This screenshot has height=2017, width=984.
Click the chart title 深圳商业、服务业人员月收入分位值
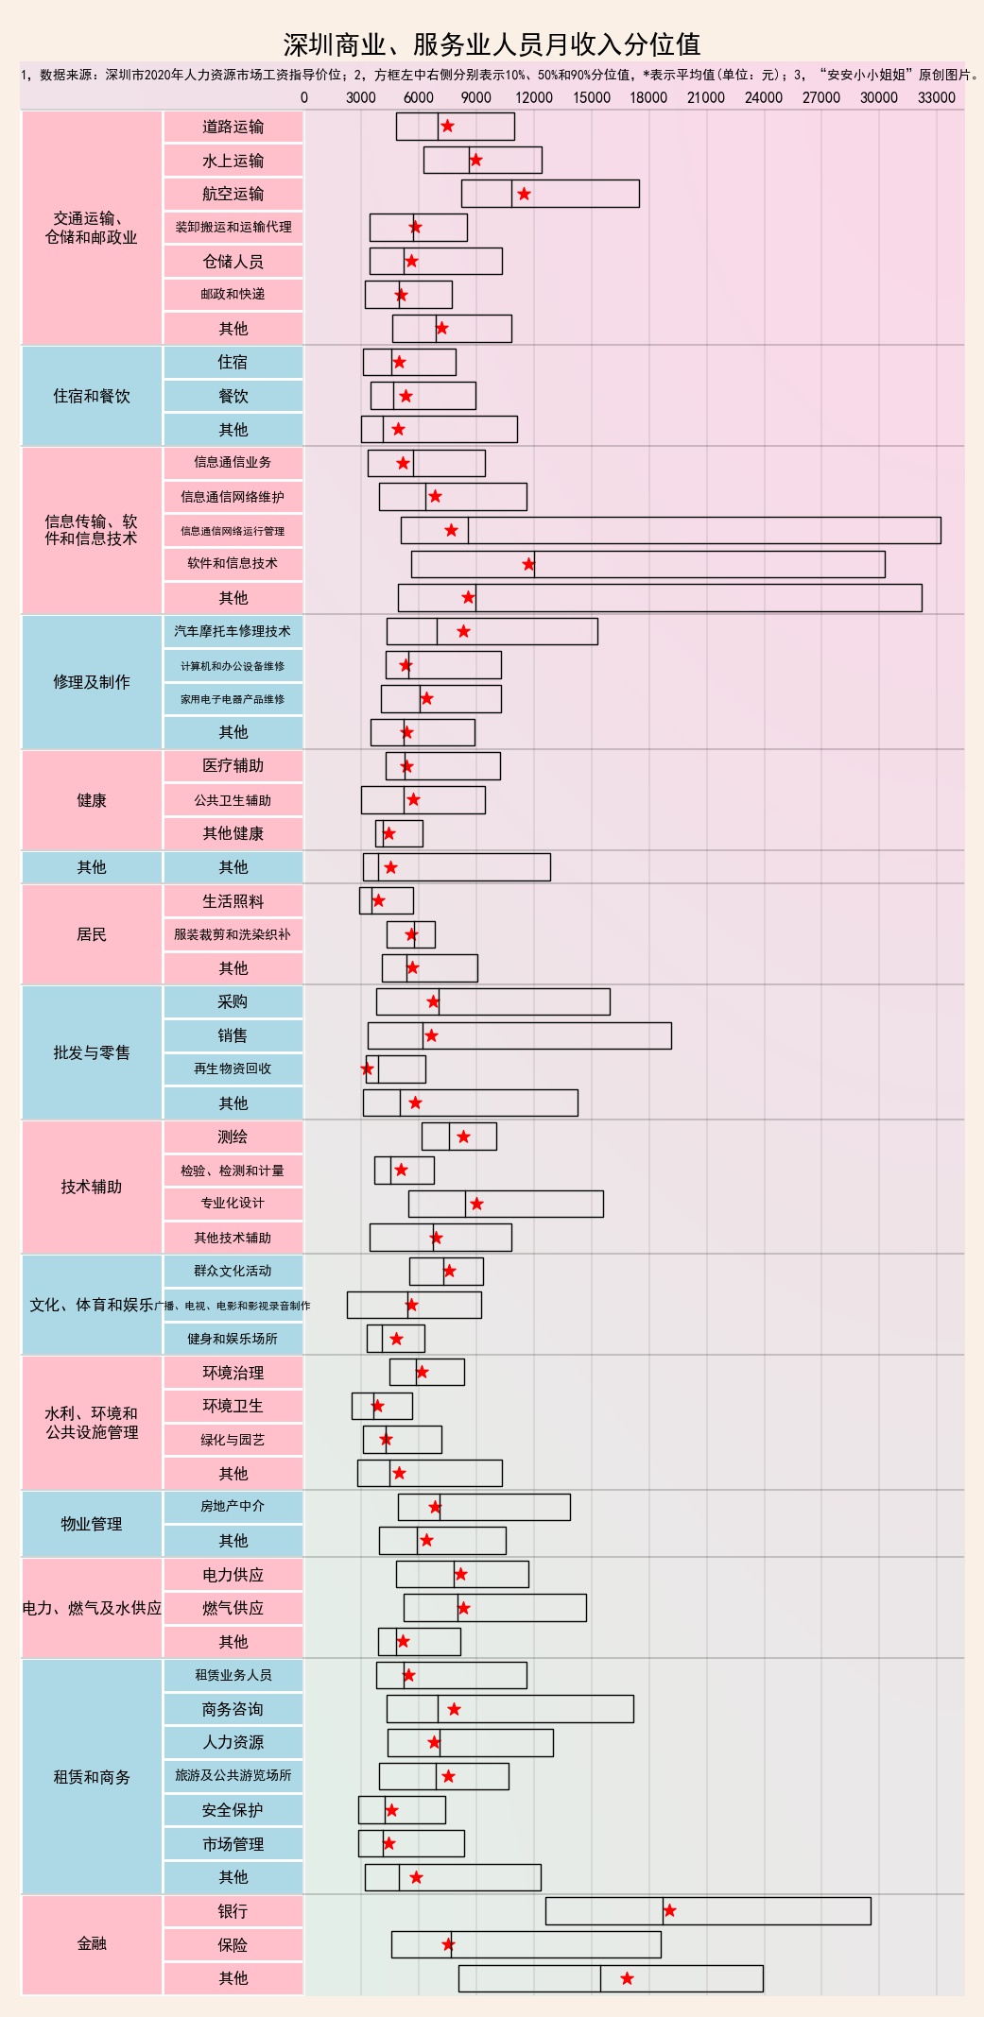492,44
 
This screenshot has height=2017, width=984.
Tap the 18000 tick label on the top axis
648,97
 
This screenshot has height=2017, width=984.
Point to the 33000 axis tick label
936,97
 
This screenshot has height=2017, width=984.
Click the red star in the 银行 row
669,1910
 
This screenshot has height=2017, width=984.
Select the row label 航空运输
233,194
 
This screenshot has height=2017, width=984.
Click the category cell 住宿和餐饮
92,396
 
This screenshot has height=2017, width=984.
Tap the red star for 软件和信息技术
528,564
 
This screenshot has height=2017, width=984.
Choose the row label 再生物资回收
233,1068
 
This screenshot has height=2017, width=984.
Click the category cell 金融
92,1943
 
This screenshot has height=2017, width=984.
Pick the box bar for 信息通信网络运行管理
670,530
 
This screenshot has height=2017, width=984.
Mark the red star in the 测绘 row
463,1137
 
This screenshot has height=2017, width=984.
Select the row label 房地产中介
233,1506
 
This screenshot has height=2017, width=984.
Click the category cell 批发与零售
92,1052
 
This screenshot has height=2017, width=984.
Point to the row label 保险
233,1944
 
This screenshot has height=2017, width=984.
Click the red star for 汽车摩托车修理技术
463,631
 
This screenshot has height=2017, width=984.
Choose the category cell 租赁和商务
92,1777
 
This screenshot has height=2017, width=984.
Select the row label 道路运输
233,127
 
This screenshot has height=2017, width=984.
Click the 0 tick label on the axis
303,97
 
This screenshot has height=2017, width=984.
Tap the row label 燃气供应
233,1608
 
